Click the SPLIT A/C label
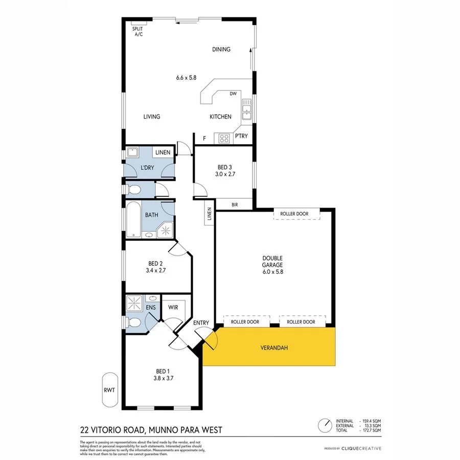[x=138, y=32]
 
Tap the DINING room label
[x=221, y=50]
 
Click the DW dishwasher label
[x=233, y=94]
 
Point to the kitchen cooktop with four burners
[x=224, y=137]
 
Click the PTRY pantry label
[x=241, y=136]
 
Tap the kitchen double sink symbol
[x=247, y=109]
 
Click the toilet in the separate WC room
[x=134, y=190]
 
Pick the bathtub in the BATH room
[x=134, y=220]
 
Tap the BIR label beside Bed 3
[x=235, y=204]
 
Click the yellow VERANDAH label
[x=274, y=348]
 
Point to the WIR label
[x=173, y=307]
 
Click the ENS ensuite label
[x=150, y=307]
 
